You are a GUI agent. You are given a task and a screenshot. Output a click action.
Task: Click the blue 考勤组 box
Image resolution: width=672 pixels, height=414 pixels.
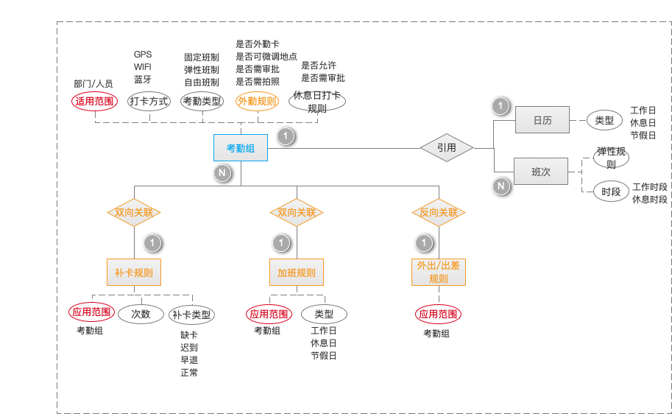pyautogui.click(x=241, y=148)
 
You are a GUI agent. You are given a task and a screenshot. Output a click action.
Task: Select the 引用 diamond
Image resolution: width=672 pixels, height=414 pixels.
pyautogui.click(x=446, y=147)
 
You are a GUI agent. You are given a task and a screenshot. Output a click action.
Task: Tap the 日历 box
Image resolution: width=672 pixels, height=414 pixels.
pyautogui.click(x=542, y=120)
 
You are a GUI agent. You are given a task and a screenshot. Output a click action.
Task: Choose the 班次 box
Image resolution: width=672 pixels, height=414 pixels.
pyautogui.click(x=540, y=172)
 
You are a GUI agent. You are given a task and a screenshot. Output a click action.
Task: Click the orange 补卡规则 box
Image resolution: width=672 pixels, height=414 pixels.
pyautogui.click(x=134, y=273)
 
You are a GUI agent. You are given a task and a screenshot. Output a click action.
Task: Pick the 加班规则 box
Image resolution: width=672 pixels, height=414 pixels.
pyautogui.click(x=296, y=273)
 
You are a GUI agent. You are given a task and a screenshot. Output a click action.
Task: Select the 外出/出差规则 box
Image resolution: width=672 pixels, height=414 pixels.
pyautogui.click(x=439, y=273)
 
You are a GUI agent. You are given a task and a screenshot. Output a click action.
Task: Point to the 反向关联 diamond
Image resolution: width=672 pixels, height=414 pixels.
pyautogui.click(x=439, y=212)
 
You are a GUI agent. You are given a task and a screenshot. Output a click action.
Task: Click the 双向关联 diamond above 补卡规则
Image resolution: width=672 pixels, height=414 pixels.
pyautogui.click(x=134, y=212)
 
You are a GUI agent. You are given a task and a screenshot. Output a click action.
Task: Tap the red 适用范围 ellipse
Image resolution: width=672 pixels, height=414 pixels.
pyautogui.click(x=94, y=101)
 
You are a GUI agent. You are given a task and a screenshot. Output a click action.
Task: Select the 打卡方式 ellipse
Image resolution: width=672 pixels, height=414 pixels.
pyautogui.click(x=149, y=101)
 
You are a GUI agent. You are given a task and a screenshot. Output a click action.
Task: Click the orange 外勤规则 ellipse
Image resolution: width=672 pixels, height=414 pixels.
pyautogui.click(x=258, y=101)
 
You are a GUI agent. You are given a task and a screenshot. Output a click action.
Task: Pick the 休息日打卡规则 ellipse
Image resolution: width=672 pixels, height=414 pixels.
pyautogui.click(x=316, y=102)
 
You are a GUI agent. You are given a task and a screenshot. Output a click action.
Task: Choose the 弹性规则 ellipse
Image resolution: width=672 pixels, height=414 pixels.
pyautogui.click(x=611, y=158)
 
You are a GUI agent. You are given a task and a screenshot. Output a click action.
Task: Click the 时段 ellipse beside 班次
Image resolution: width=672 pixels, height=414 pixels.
pyautogui.click(x=611, y=192)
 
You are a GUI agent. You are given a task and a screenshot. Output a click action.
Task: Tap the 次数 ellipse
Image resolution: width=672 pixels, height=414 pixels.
pyautogui.click(x=141, y=314)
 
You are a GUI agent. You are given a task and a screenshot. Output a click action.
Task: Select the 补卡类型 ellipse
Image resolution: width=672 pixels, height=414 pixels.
pyautogui.click(x=191, y=315)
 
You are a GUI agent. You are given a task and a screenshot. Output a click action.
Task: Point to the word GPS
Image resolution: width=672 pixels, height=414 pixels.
pyautogui.click(x=143, y=55)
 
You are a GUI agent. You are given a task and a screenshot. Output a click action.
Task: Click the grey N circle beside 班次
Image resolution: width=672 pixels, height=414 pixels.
pyautogui.click(x=501, y=186)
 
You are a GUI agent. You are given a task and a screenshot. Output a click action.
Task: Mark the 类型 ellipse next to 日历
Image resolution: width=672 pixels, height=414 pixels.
pyautogui.click(x=604, y=120)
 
